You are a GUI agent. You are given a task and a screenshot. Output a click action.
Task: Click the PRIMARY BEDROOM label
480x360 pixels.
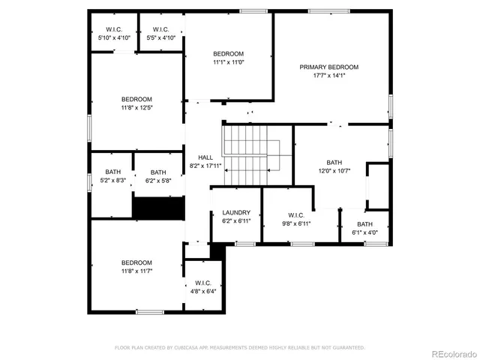[x=328, y=67]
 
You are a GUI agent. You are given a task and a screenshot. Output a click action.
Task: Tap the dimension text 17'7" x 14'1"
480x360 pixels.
[x=328, y=75]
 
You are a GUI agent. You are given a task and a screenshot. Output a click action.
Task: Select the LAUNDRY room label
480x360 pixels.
[x=236, y=213]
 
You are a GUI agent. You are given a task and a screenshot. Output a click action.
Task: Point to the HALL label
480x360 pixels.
[x=205, y=157]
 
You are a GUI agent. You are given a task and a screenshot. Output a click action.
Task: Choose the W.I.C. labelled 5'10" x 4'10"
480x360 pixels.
[x=114, y=29]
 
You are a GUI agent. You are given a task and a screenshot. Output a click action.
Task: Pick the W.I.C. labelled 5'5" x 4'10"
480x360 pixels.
[x=160, y=29]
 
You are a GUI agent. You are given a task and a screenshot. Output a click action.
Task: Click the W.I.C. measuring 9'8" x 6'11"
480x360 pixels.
[x=295, y=214]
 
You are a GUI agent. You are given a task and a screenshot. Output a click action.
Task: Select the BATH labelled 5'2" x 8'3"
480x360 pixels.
[x=112, y=172]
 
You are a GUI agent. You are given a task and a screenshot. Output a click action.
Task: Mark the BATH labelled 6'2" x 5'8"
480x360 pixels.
[x=158, y=172]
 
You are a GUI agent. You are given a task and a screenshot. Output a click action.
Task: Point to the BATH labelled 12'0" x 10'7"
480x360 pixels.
[x=334, y=163]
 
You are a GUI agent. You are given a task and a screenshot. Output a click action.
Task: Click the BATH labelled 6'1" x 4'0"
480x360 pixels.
[x=364, y=224]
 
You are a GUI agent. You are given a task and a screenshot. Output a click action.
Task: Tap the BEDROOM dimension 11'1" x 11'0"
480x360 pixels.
[x=228, y=62]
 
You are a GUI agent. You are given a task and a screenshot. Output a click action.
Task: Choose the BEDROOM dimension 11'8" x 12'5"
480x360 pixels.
[x=137, y=108]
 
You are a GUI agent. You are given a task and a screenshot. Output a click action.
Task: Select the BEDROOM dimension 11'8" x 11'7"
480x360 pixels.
[x=137, y=271]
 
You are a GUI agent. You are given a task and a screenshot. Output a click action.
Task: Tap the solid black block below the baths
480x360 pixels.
[x=158, y=208]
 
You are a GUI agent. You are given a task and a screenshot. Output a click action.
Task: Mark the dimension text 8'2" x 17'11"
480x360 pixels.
[x=205, y=166]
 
